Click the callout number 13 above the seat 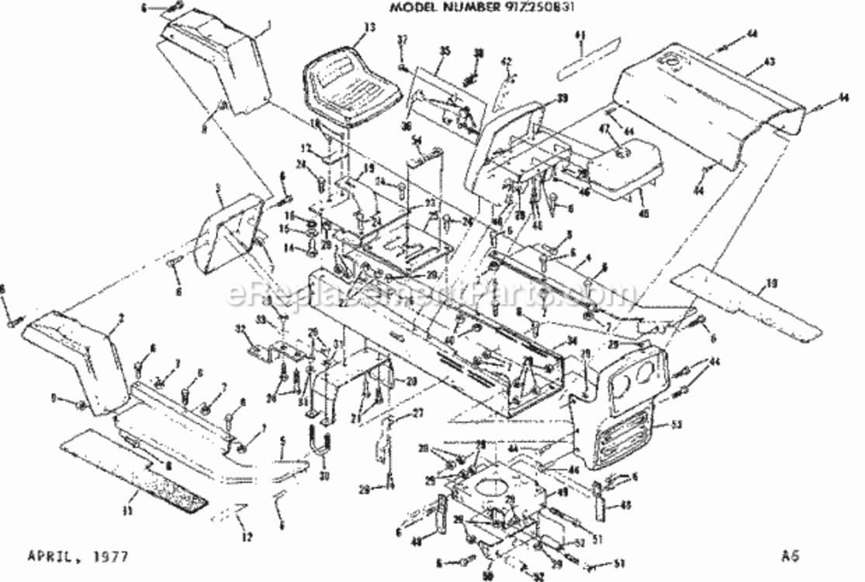click(x=369, y=27)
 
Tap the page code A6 click(x=791, y=555)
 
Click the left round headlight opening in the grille click(x=620, y=384)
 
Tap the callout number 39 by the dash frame click(x=562, y=99)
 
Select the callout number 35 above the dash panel click(x=445, y=50)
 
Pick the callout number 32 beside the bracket click(x=240, y=330)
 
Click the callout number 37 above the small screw click(x=402, y=39)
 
